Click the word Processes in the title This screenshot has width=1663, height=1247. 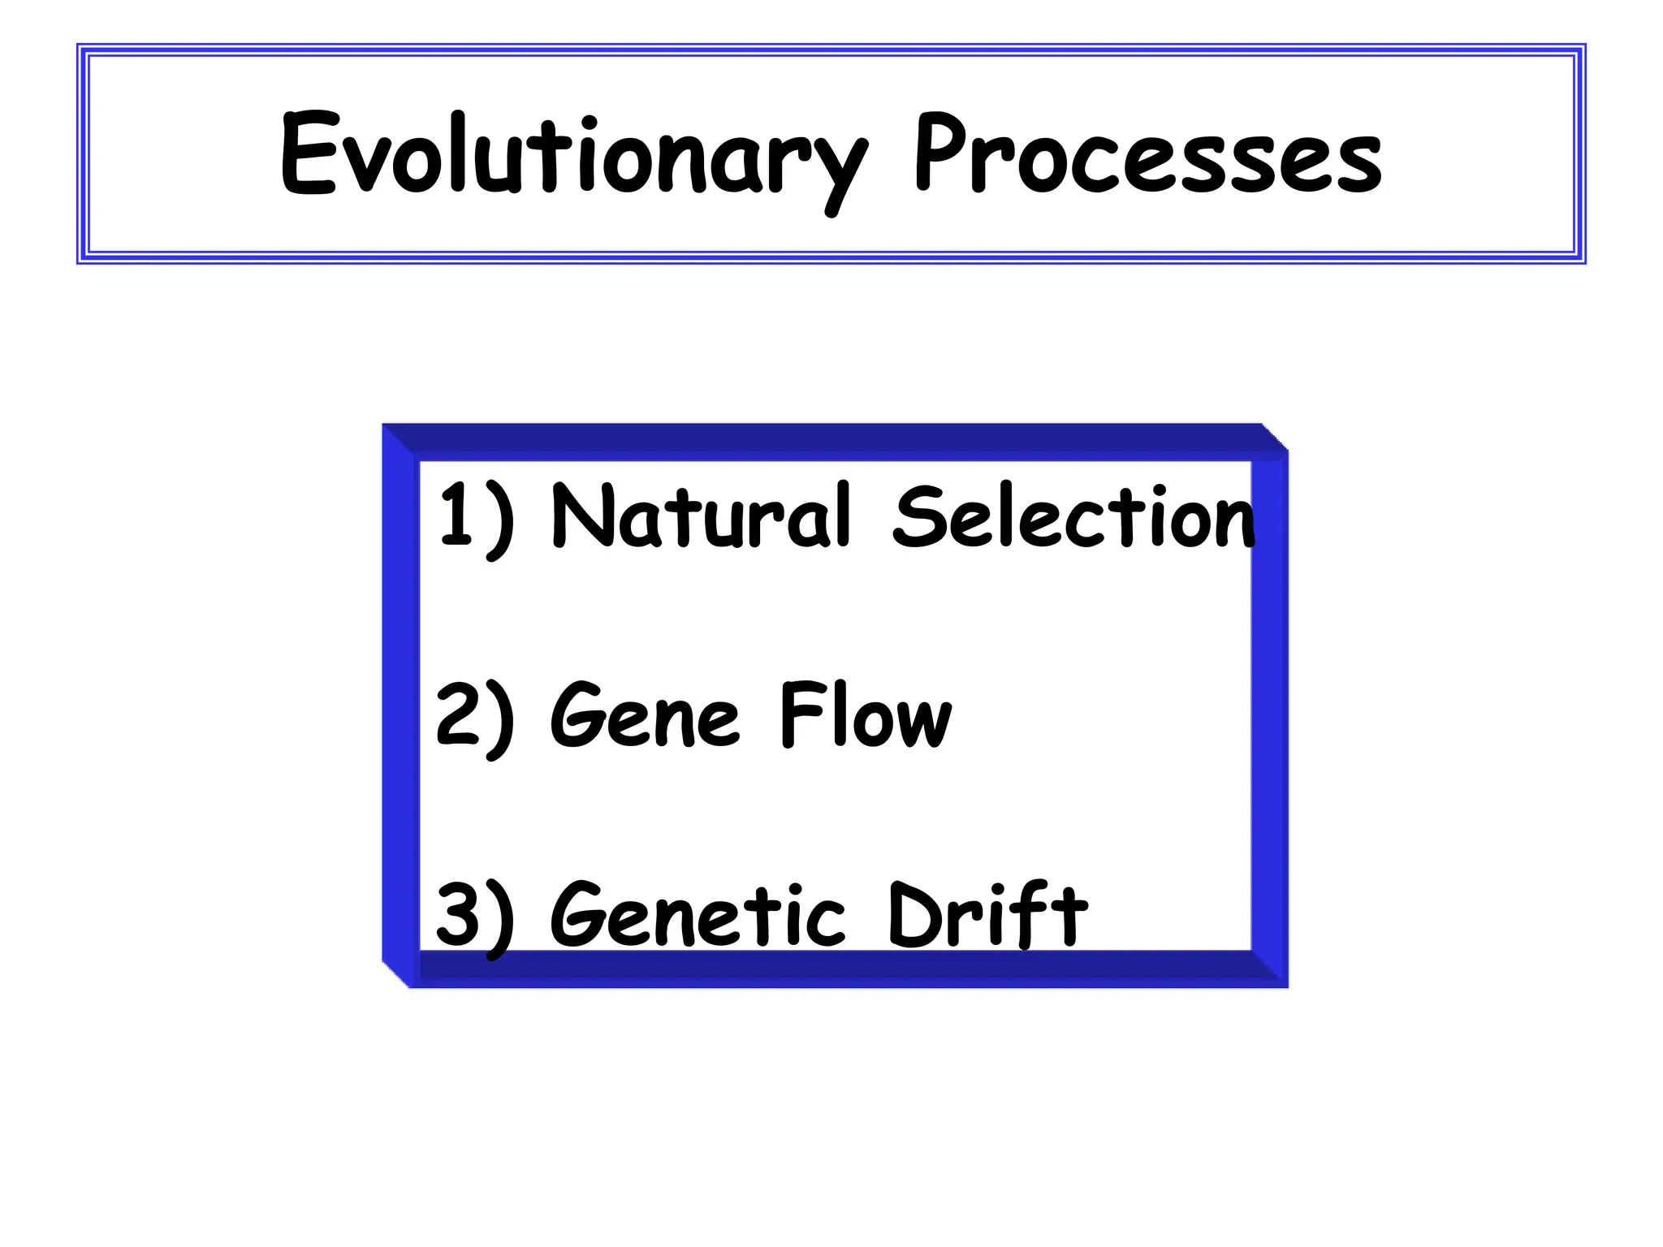coord(1147,154)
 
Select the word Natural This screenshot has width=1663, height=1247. coord(700,516)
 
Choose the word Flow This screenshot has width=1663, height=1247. coord(865,714)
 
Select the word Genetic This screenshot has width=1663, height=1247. coord(698,916)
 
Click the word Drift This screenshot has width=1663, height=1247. coord(987,914)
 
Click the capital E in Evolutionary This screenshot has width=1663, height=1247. coord(307,154)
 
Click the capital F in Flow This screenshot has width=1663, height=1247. coord(797,714)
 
